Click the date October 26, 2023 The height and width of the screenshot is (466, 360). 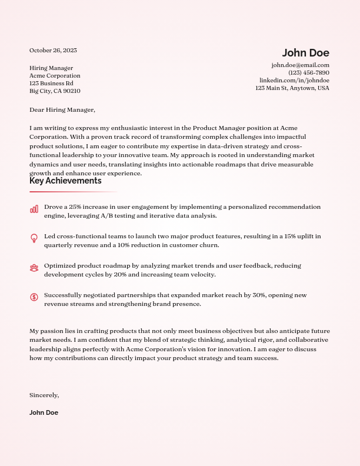53,50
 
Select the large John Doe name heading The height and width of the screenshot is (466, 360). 305,53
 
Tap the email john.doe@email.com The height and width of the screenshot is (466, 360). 300,65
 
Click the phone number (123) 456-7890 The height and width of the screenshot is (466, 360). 308,72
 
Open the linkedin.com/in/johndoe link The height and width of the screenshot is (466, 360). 294,80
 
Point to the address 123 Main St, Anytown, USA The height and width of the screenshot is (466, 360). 292,88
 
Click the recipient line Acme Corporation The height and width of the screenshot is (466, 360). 55,76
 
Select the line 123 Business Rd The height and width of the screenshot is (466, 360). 51,84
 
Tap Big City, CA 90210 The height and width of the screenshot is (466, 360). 55,91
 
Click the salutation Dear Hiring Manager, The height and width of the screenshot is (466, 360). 62,109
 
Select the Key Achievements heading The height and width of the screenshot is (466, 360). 65,181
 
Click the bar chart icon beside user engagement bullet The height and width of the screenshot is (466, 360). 34,209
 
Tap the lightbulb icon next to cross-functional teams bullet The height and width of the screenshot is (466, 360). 34,238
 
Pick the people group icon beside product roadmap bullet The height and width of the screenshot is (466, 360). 34,268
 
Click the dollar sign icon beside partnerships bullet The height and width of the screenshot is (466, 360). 34,297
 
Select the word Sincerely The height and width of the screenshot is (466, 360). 44,395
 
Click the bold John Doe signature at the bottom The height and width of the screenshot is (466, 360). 44,412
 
